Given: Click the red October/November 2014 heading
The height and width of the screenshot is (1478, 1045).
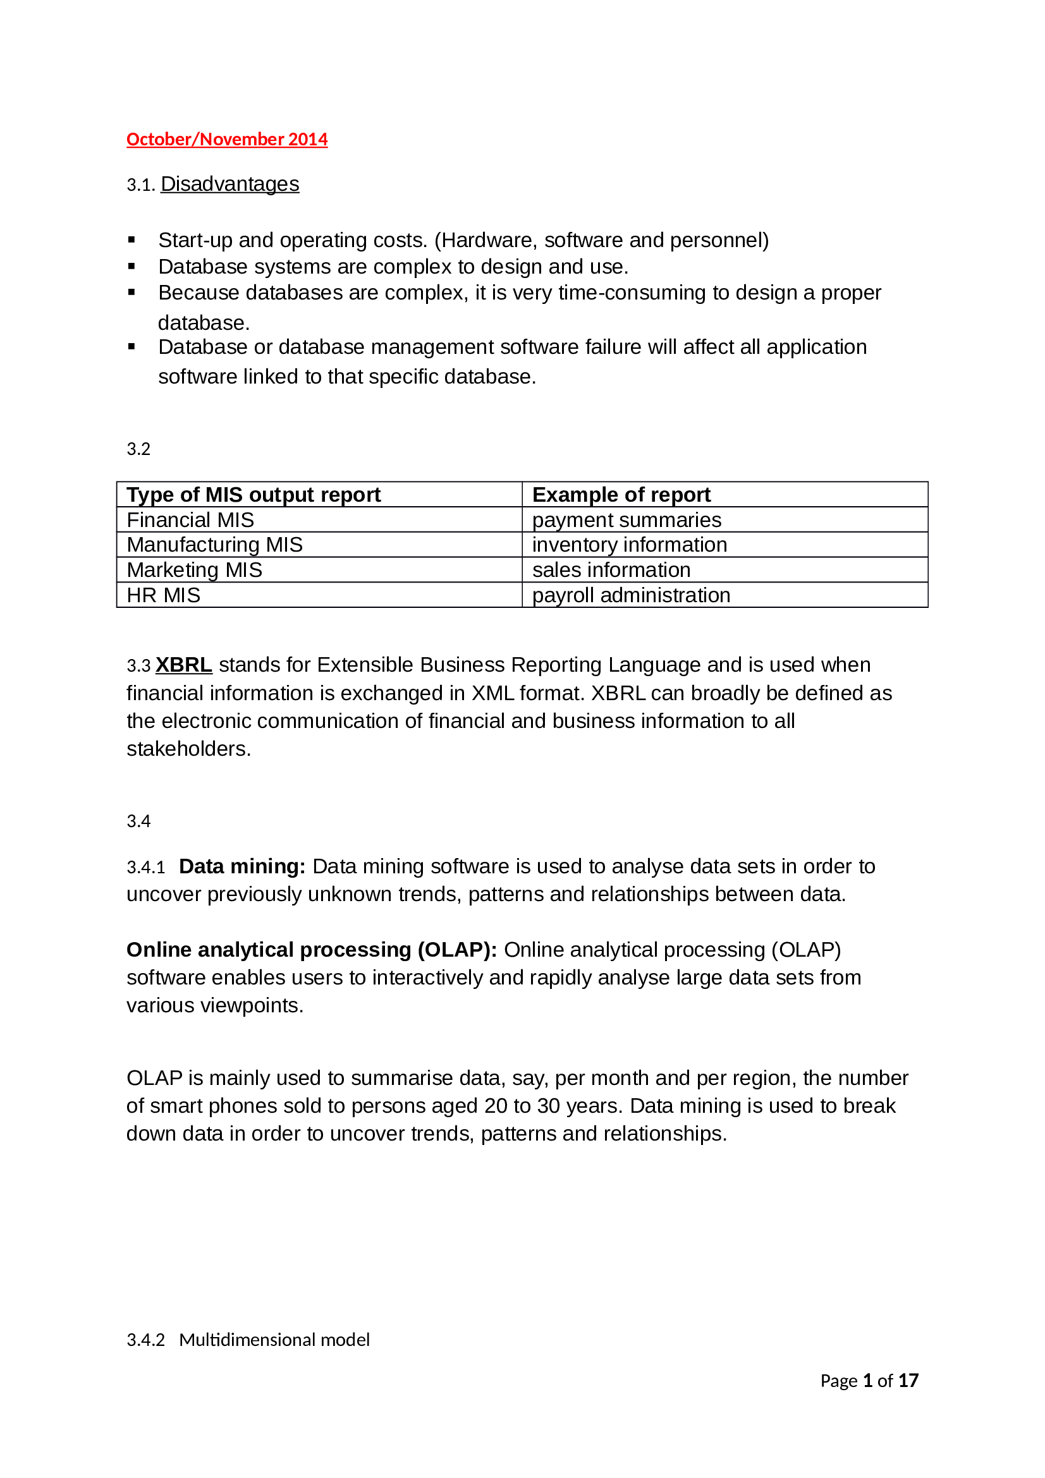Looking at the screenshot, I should [227, 139].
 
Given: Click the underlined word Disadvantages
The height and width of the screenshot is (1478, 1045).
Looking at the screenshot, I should [230, 184].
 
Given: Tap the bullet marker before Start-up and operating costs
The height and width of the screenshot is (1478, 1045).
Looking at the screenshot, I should [131, 240].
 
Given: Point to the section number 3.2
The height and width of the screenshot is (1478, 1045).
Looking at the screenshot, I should [138, 449].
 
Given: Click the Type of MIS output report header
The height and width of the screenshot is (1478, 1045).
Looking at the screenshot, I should [254, 495].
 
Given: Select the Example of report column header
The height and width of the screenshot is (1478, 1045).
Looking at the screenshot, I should [621, 495].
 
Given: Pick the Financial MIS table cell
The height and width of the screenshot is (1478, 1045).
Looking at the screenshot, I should [190, 520].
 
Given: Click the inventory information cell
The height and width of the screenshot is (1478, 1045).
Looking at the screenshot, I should [630, 545].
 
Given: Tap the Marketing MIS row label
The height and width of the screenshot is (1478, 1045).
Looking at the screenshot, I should [195, 571].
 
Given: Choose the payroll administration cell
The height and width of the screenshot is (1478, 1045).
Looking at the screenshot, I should [631, 595].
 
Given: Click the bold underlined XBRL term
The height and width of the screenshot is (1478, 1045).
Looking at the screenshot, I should [183, 665].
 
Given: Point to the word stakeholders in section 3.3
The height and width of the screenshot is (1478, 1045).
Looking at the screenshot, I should [188, 749].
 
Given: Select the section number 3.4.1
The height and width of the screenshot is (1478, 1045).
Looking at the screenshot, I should [145, 868].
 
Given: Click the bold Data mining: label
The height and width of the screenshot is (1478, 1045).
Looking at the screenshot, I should [242, 867].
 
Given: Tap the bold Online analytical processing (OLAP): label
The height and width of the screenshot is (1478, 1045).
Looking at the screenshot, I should [312, 950].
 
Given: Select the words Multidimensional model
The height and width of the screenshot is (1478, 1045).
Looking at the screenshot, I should [274, 1340].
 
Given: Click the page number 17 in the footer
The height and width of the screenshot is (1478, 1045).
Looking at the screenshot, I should [908, 1381].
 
